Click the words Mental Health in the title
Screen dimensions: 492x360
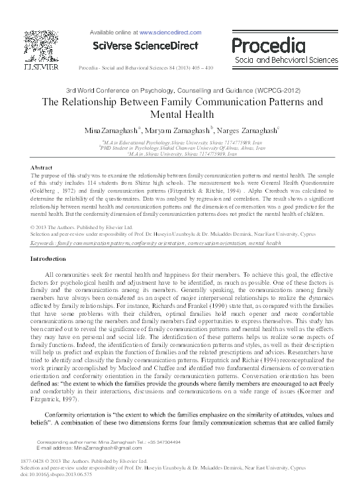(x=179, y=115)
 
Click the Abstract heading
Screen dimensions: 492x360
(x=44, y=169)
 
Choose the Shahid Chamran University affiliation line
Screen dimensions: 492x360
(x=179, y=148)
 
